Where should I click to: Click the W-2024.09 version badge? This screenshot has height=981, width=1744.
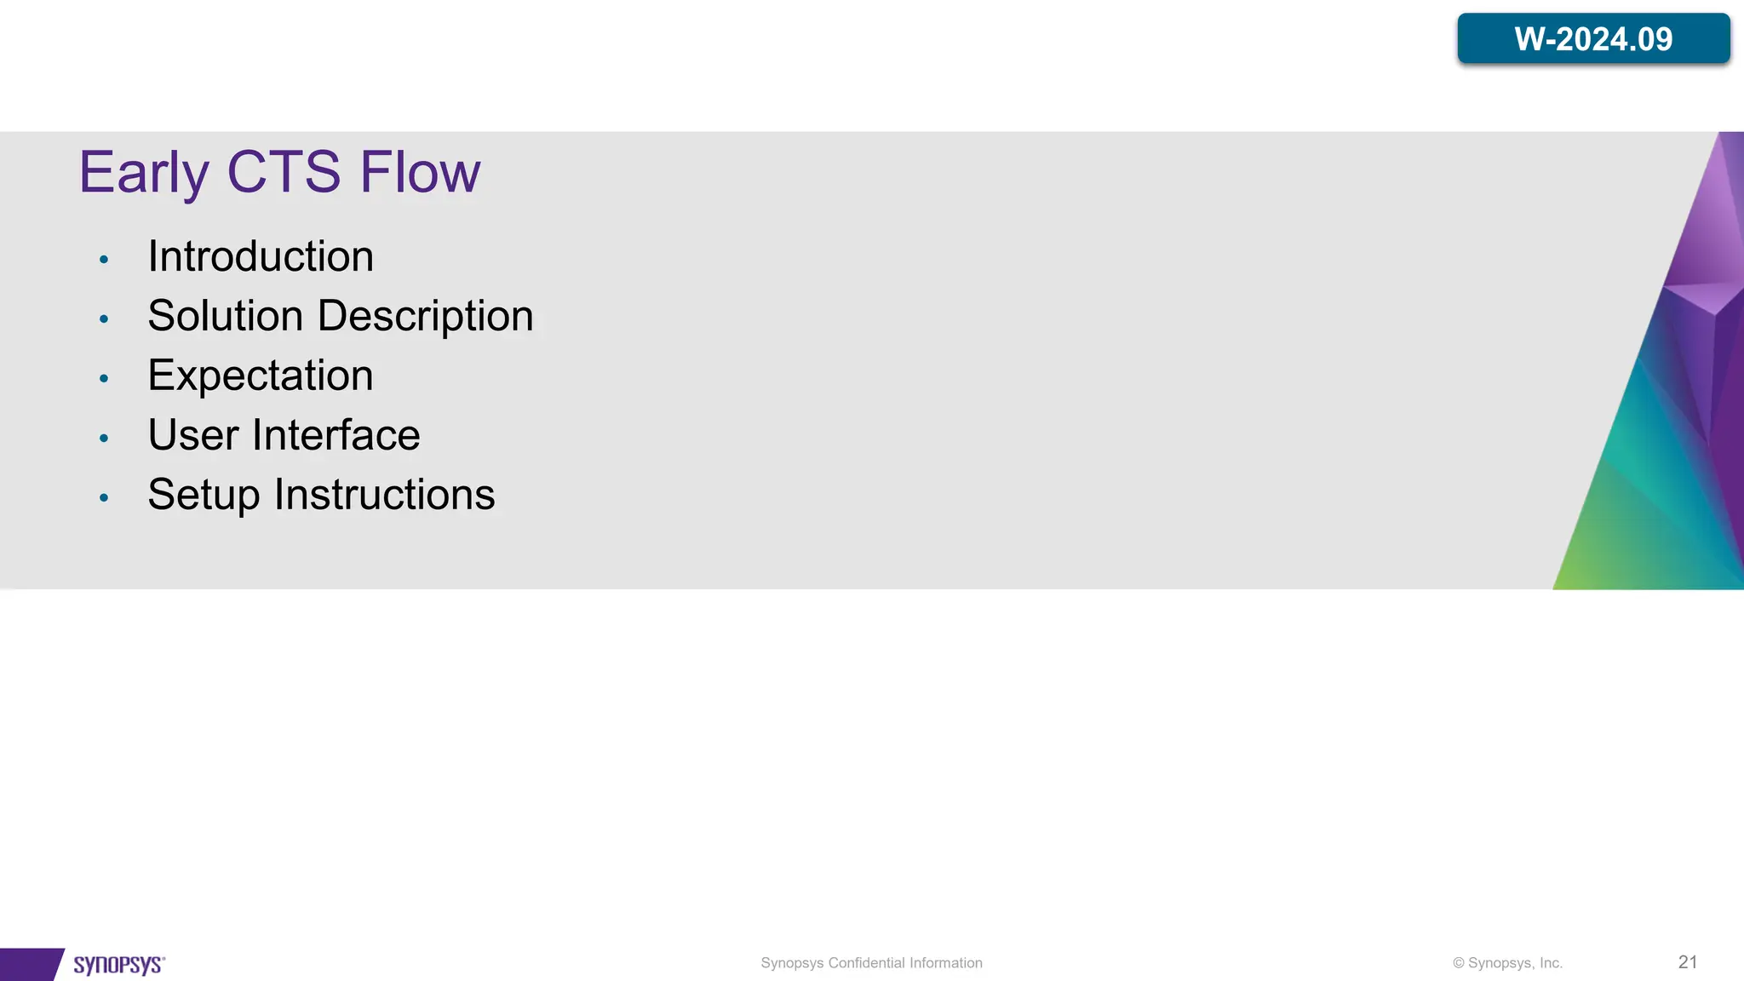[1593, 39]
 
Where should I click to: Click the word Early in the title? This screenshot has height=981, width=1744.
[143, 173]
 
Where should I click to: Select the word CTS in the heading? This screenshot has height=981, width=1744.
[284, 172]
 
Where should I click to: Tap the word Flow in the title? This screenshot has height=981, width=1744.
[420, 172]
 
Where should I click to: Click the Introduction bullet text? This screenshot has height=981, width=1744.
[261, 256]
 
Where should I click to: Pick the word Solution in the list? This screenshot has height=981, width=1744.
[226, 316]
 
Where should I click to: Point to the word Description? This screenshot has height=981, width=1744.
[425, 317]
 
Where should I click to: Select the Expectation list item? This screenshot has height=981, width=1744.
[261, 376]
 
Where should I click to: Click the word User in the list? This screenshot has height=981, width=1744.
[193, 435]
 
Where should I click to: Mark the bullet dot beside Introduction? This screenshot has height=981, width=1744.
[104, 260]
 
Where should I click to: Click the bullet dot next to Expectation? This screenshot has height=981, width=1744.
[104, 379]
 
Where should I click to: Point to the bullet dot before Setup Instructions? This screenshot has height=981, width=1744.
[104, 498]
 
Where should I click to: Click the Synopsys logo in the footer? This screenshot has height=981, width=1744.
[119, 964]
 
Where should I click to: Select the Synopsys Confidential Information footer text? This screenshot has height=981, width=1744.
[871, 963]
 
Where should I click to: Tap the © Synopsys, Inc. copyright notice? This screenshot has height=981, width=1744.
[1507, 963]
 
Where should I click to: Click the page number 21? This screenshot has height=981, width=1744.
[1687, 962]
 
